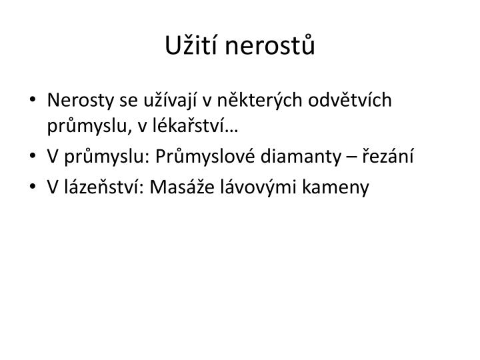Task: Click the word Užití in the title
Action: tap(186, 47)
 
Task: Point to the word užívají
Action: tap(169, 101)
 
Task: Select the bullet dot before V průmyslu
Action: tap(34, 157)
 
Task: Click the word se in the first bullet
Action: tap(127, 101)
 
